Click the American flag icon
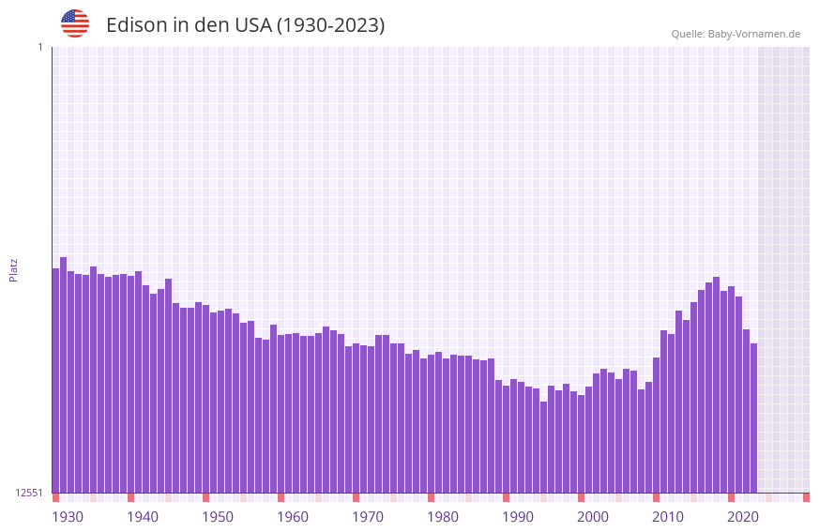tap(75, 23)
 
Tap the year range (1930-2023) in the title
tap(330, 25)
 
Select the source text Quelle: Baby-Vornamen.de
tap(736, 34)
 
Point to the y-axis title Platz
tap(13, 269)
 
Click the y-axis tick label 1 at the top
tap(39, 47)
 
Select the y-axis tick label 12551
tap(29, 493)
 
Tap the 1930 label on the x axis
tap(68, 517)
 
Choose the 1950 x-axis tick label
tap(218, 517)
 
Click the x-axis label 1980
tap(443, 517)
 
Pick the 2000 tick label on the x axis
tap(593, 517)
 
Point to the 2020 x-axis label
tap(743, 517)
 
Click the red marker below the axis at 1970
tap(356, 497)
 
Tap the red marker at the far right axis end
tap(806, 497)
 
